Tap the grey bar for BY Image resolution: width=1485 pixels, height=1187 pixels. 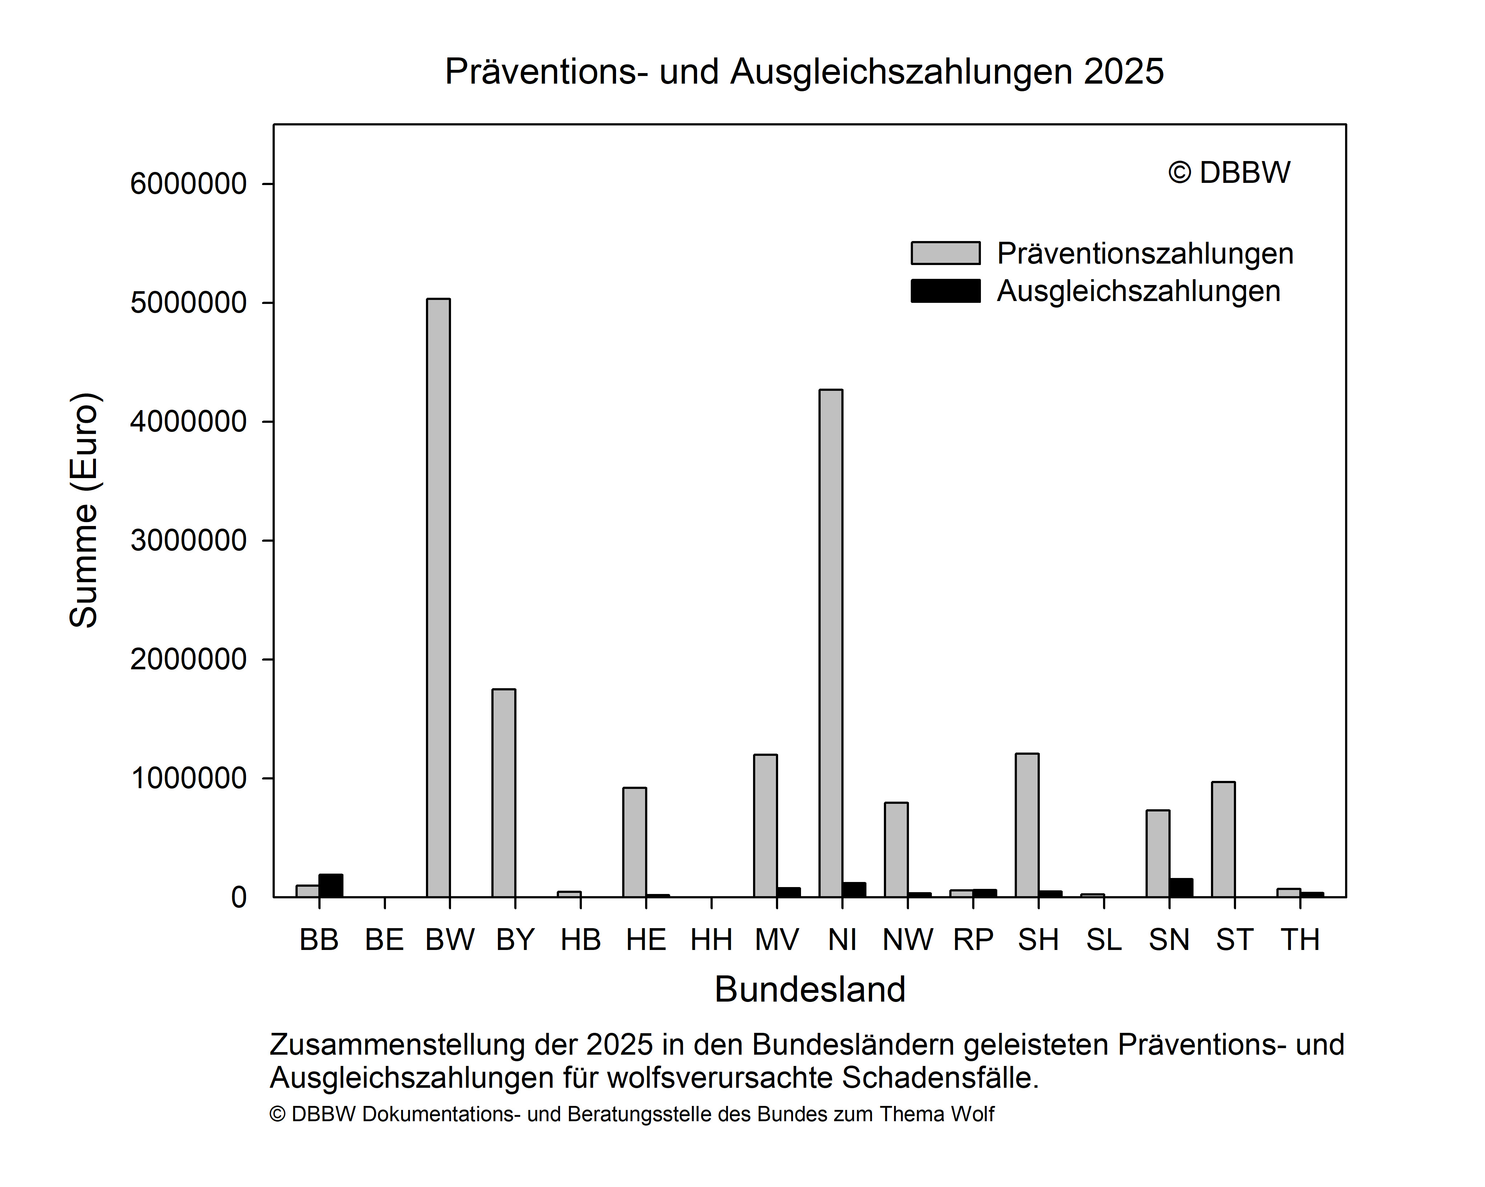[x=503, y=793]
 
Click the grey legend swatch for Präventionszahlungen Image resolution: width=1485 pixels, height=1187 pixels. [x=945, y=253]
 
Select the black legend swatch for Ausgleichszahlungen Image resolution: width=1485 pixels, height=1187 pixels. [x=945, y=291]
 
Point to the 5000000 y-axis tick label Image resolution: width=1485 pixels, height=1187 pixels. [x=188, y=302]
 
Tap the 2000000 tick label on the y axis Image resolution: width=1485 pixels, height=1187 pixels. [x=188, y=659]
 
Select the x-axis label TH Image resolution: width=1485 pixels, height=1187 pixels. [x=1300, y=940]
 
